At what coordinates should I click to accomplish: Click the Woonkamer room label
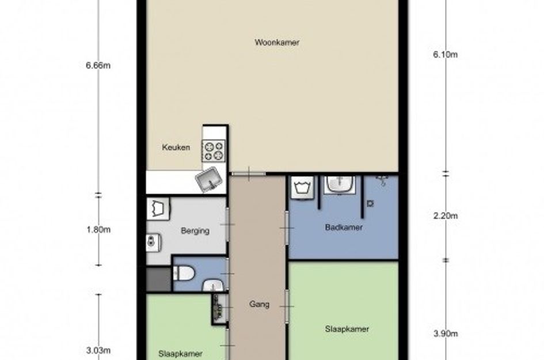(277, 43)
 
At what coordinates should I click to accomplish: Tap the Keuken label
(176, 147)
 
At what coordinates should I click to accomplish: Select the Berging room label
(195, 230)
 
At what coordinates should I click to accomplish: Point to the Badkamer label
(344, 228)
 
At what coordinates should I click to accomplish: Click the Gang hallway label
(259, 305)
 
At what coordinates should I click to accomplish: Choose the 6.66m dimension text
(98, 65)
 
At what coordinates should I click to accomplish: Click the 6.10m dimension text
(445, 55)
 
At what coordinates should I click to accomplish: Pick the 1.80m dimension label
(98, 229)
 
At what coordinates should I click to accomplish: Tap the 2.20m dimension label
(446, 216)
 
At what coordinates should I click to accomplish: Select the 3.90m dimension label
(446, 334)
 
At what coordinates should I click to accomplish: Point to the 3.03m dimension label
(98, 350)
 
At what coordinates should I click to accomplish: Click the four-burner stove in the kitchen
(214, 151)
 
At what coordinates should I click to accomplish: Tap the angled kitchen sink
(209, 179)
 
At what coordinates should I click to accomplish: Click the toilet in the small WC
(183, 273)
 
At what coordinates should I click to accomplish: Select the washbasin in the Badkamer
(340, 184)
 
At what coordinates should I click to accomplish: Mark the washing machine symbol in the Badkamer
(302, 187)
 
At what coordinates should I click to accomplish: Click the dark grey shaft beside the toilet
(158, 279)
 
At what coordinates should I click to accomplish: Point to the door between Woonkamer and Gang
(249, 173)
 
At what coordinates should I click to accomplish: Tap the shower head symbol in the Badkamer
(382, 180)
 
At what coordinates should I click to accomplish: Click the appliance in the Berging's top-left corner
(158, 209)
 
